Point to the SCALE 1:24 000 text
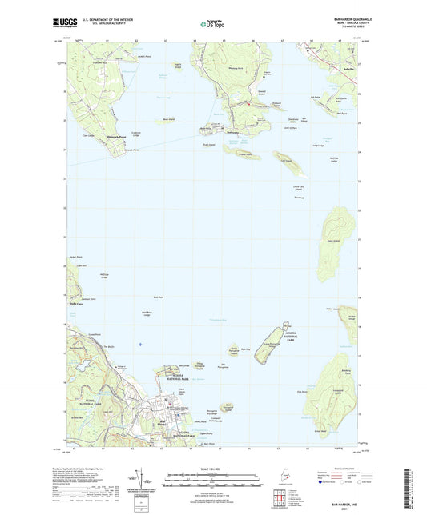[x=212, y=469]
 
